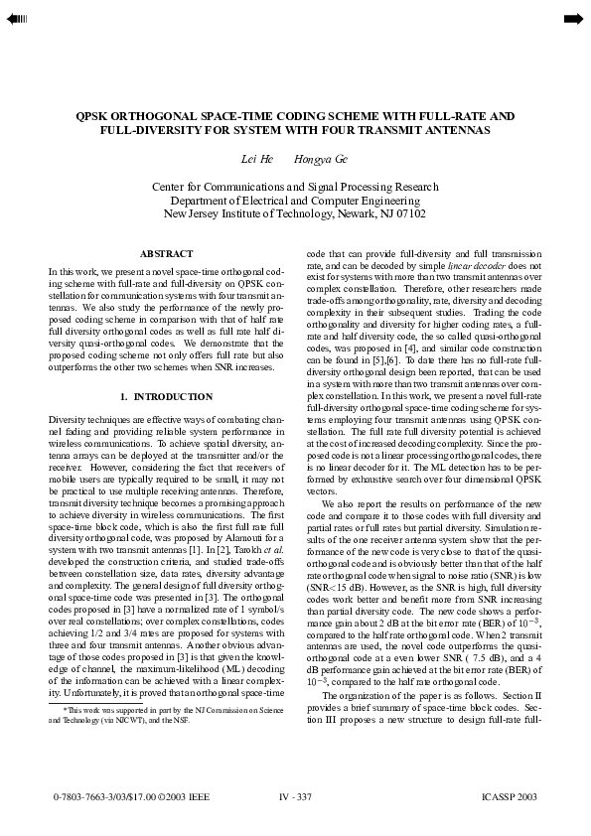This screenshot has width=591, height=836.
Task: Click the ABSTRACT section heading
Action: pos(166,254)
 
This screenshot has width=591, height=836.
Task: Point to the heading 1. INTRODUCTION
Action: pos(166,397)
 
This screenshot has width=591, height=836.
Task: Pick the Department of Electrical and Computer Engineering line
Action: pos(294,200)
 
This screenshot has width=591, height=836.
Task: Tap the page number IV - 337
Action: pos(295,797)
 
